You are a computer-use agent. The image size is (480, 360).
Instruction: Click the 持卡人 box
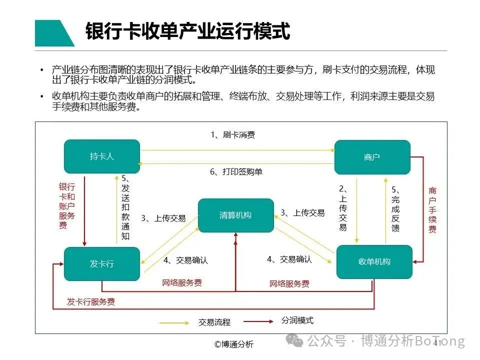point(102,156)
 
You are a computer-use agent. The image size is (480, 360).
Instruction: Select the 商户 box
point(372,157)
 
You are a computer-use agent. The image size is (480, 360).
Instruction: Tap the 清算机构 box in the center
point(235,215)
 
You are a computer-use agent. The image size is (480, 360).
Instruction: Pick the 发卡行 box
point(102,263)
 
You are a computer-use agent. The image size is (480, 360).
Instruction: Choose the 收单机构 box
point(374,261)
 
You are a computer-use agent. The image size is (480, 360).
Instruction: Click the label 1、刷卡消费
point(232,134)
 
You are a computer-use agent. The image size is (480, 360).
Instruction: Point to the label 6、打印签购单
point(235,171)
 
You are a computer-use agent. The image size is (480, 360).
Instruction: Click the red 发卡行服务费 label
point(91,301)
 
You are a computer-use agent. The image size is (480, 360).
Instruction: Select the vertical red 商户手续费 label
point(432,210)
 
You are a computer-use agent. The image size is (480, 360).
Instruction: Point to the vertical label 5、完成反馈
point(395,209)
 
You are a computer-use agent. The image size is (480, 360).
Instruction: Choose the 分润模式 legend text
point(297,320)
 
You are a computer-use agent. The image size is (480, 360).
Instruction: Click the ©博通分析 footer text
point(234,344)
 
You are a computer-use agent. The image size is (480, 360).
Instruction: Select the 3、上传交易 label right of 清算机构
point(302,212)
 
